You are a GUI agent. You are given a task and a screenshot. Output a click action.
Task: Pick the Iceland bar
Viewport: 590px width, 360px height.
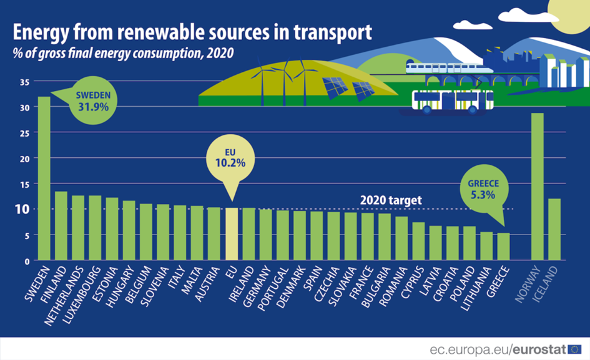(554, 229)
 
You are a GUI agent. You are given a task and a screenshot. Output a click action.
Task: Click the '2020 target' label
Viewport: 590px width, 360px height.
(391, 201)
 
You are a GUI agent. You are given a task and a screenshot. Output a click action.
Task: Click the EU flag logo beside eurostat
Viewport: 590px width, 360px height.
(574, 349)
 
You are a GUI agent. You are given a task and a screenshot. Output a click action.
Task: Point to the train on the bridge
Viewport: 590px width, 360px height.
(444, 67)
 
